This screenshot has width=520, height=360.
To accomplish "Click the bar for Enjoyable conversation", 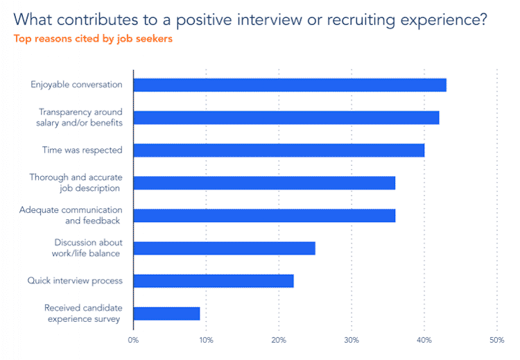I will tap(289, 85).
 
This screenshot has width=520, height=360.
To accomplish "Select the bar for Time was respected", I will tap(278, 150).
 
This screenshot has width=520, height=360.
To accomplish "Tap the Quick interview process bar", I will tap(213, 281).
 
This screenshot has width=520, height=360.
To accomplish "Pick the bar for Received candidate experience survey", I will tap(166, 314).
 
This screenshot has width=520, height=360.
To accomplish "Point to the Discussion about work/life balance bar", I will tap(224, 248).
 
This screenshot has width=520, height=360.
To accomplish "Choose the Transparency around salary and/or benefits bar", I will tap(286, 118).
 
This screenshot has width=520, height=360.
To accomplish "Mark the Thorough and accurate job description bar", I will tap(263, 183).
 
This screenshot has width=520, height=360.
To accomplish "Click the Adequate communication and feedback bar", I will tap(263, 216).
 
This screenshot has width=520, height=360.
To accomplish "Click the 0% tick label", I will tap(133, 340).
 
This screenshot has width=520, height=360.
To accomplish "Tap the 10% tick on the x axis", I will tap(206, 340).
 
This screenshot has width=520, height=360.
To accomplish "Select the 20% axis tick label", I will tap(279, 340).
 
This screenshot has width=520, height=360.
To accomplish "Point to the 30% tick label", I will tap(352, 340).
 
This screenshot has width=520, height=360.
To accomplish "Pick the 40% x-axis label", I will tap(424, 340).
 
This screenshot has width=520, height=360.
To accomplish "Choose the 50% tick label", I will tap(496, 340).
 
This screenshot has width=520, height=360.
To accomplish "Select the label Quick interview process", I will tap(75, 281).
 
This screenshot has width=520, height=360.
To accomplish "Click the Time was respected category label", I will tap(83, 150).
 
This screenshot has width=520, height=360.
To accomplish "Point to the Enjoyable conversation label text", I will tap(76, 85).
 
